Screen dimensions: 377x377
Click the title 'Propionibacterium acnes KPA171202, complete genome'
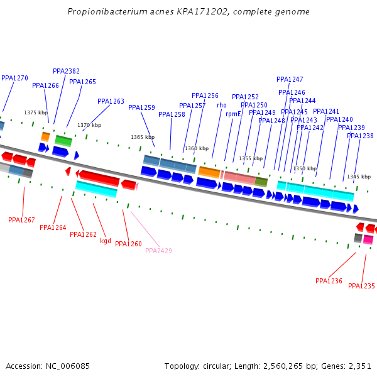188,12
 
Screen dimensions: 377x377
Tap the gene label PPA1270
14,79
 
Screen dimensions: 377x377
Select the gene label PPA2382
66,72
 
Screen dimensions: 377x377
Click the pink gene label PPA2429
158,251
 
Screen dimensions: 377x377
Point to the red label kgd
106,241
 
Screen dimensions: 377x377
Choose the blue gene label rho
222,105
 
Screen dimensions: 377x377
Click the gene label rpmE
233,114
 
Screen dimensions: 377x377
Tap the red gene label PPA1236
329,281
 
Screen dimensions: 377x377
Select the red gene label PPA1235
361,286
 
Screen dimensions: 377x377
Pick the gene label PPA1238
360,136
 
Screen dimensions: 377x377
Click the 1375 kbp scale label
36,112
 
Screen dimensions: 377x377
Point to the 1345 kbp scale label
358,177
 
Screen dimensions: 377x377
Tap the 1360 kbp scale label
197,148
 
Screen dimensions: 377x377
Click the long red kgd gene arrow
99,178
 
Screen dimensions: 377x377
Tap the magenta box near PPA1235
368,239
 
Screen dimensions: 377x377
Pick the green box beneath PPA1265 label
63,141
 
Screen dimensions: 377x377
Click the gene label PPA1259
141,107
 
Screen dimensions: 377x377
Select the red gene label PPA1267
21,220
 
